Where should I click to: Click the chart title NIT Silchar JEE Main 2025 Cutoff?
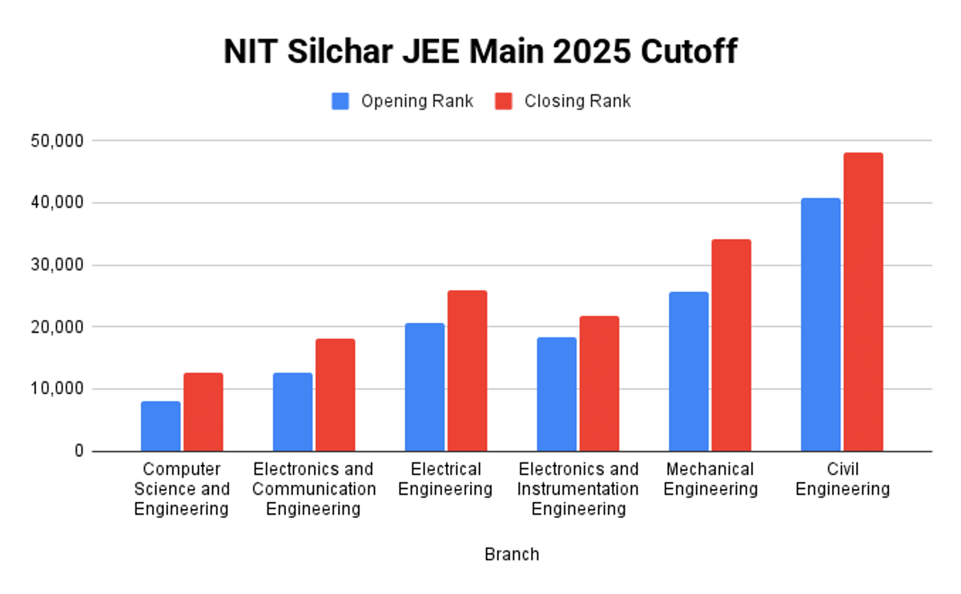point(480,53)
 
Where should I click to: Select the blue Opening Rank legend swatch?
point(341,102)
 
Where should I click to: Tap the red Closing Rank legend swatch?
point(504,102)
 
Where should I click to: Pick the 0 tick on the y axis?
point(78,451)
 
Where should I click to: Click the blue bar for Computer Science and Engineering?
point(161,426)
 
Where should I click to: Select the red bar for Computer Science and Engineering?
point(203,412)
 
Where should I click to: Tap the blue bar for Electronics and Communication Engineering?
point(292,412)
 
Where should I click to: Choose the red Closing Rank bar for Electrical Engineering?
point(467,371)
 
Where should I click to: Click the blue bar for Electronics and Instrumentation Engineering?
point(557,394)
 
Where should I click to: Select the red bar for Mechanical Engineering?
point(731,345)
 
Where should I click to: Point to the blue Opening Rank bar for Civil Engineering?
point(821,325)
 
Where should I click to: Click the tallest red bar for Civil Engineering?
point(863,302)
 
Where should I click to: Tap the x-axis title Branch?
point(512,554)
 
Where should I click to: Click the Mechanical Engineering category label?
point(710,479)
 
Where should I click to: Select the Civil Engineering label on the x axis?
point(842,479)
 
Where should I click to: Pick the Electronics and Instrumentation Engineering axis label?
point(578,488)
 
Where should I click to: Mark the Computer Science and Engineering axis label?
point(182,488)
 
